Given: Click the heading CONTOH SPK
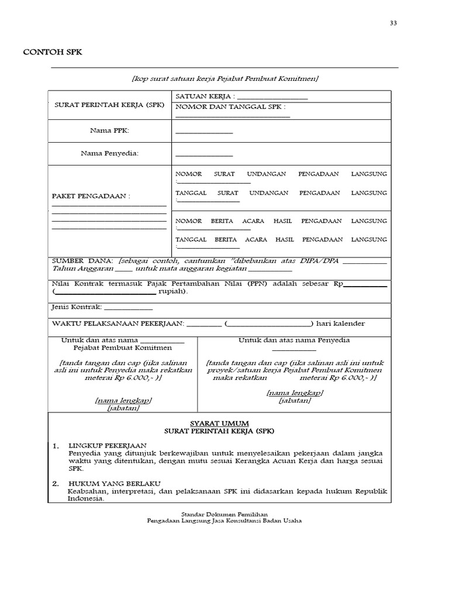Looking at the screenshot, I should pyautogui.click(x=53, y=52).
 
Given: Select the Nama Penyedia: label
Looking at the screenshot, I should pyautogui.click(x=109, y=153).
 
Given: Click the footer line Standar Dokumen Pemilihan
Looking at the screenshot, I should pyautogui.click(x=224, y=513).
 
